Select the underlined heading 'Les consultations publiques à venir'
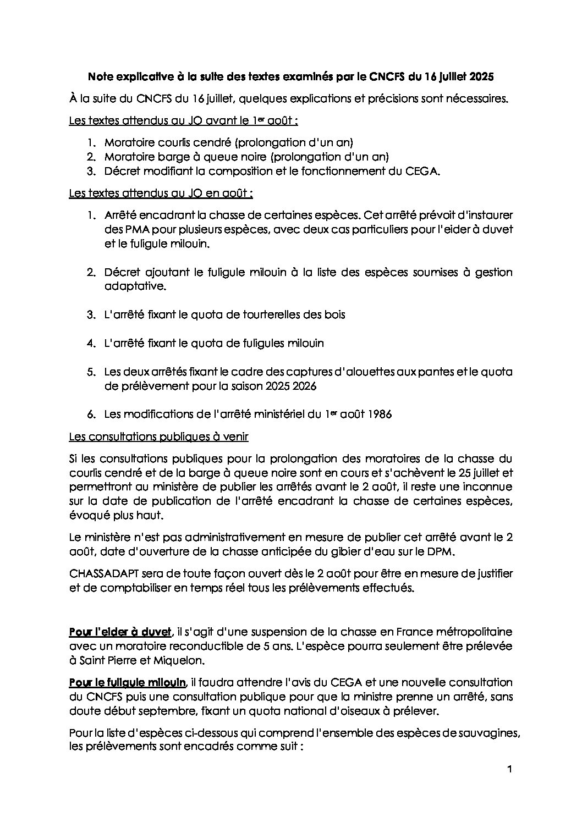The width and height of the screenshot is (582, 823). (x=158, y=437)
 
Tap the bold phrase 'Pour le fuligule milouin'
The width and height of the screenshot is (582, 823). (x=128, y=682)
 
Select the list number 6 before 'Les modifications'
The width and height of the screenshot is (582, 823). (x=91, y=415)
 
